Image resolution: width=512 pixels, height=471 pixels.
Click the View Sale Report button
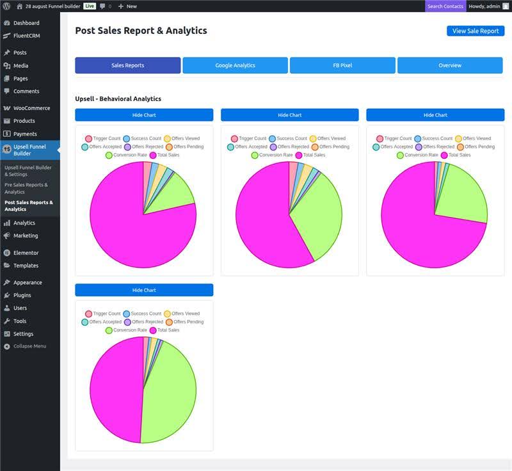point(476,31)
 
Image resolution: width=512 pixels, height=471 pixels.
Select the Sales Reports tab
point(127,65)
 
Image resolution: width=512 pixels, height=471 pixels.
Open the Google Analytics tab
point(235,65)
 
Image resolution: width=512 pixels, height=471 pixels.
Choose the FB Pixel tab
point(342,65)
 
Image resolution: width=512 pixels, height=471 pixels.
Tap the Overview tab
point(450,65)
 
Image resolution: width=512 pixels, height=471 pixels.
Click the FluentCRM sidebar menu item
point(26,36)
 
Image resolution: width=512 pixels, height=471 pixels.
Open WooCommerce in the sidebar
point(31,108)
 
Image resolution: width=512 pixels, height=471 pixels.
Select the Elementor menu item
point(26,253)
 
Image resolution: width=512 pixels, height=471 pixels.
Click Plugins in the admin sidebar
point(22,295)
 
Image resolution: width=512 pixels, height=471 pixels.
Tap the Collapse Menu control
point(29,346)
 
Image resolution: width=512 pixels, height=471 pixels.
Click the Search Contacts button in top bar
point(445,6)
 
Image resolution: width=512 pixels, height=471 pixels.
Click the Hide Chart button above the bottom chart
point(144,290)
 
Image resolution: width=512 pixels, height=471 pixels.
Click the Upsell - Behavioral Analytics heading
point(118,99)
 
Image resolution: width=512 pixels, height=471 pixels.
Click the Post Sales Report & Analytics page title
point(141,30)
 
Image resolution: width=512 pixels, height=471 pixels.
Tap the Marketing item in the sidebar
point(26,235)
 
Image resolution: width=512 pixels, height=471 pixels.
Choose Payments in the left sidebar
point(25,134)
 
